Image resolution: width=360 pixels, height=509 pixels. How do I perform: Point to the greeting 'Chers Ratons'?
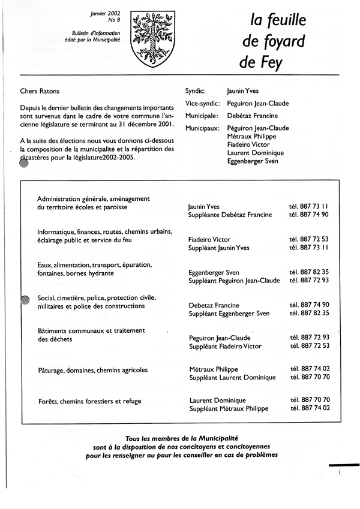[40, 92]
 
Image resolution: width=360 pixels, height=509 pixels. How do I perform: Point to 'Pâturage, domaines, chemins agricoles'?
[92, 370]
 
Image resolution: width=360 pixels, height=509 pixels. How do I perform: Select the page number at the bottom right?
[340, 473]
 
